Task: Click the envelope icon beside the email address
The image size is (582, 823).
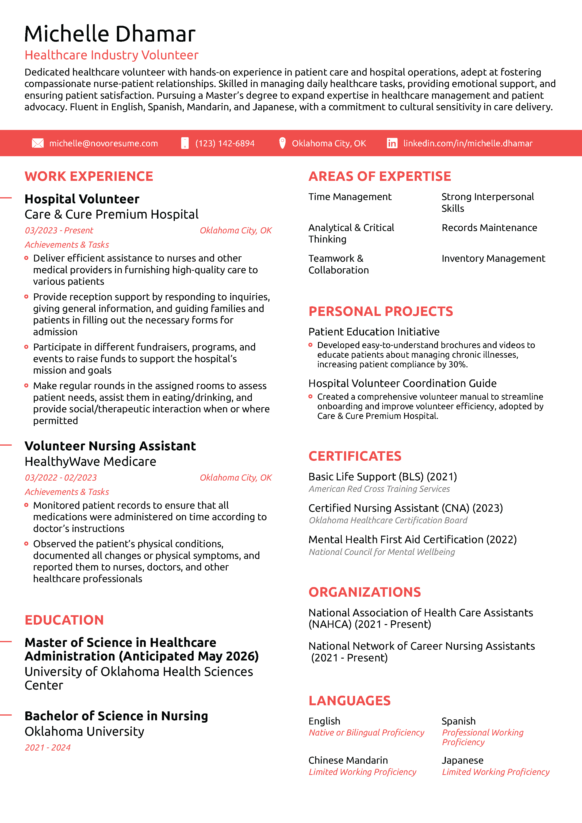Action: tap(38, 143)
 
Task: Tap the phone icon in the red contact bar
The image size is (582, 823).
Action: tap(185, 143)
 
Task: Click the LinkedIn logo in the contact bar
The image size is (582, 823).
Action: tap(392, 143)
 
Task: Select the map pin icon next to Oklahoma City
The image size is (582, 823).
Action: tap(282, 143)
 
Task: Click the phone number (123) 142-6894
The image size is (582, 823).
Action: tap(225, 143)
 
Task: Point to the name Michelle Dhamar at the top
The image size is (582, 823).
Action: tap(110, 34)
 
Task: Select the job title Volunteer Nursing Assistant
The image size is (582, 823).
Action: tap(110, 446)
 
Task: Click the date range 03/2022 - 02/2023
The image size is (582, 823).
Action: tap(61, 478)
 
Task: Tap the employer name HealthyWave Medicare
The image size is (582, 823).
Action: tap(90, 462)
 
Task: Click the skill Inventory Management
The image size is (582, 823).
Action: tap(493, 258)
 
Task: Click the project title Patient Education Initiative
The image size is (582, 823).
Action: tap(374, 332)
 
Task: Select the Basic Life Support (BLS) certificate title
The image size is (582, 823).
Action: tap(382, 477)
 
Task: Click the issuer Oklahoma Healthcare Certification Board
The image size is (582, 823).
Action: tap(388, 520)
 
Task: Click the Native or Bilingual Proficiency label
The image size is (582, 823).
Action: tap(366, 733)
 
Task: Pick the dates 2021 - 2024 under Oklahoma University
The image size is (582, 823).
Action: tap(47, 747)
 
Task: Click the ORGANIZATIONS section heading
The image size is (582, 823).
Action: tap(364, 592)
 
